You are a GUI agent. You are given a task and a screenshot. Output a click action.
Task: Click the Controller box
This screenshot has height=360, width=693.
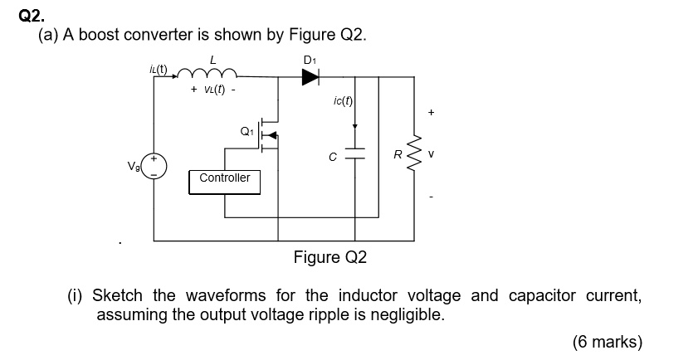(x=224, y=178)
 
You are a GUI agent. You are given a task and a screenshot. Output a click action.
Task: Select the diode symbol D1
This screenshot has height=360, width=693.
(x=309, y=77)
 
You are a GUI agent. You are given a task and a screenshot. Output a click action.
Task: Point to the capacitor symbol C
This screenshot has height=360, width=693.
(x=355, y=155)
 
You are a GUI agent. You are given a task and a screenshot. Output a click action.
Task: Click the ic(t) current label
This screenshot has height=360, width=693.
(x=342, y=102)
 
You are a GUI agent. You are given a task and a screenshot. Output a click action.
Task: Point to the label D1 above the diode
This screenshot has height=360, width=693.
(x=310, y=60)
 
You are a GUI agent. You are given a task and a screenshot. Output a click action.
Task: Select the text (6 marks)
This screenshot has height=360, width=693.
(x=607, y=342)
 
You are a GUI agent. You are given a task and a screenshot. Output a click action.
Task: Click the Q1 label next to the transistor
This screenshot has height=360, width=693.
(x=246, y=130)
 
